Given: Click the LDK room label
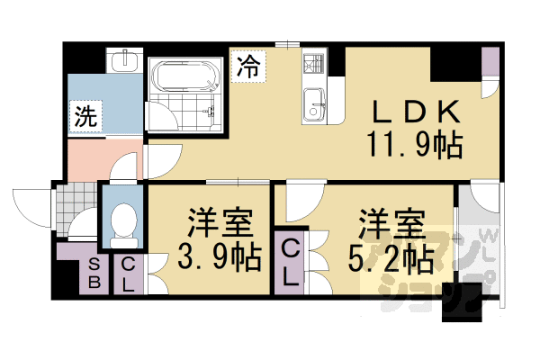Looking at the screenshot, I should tap(418, 112).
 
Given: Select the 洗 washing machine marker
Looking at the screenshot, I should tap(85, 116).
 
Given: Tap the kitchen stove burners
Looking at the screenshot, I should tap(314, 65).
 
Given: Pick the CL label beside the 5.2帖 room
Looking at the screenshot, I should tap(291, 261).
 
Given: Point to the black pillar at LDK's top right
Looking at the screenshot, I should tap(453, 63).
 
